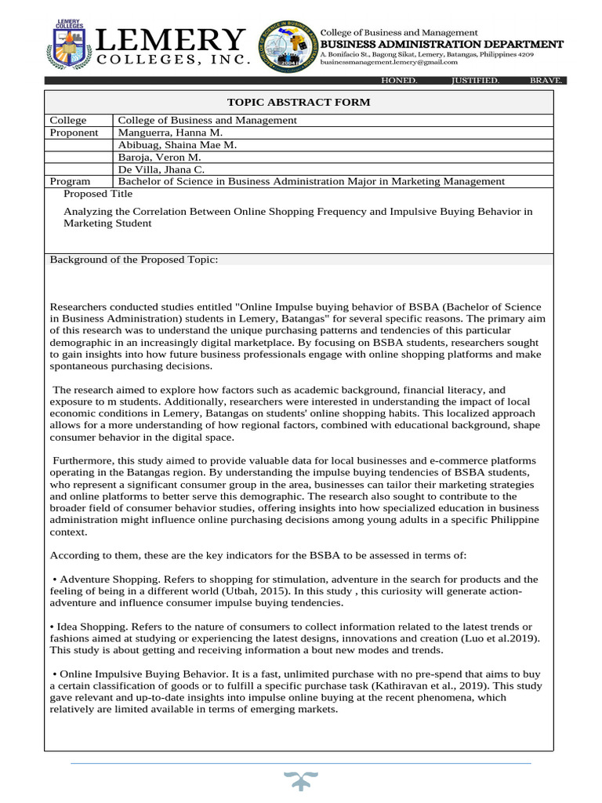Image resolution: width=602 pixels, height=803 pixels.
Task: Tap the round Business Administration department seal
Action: click(x=288, y=48)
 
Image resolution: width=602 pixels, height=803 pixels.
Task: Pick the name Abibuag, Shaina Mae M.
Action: click(x=176, y=145)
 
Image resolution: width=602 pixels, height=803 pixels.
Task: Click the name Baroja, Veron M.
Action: click(x=159, y=158)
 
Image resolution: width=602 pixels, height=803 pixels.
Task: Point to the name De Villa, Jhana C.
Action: click(x=161, y=169)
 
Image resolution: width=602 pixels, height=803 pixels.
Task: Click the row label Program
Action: click(x=71, y=181)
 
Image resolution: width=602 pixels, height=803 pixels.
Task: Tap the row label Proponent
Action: click(x=74, y=133)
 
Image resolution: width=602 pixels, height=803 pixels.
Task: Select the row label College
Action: click(x=68, y=120)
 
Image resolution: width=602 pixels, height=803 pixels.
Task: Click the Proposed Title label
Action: click(x=98, y=194)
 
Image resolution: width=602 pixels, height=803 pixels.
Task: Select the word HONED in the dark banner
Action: click(x=399, y=81)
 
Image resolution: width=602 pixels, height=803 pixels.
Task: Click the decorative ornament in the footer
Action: click(x=300, y=783)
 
